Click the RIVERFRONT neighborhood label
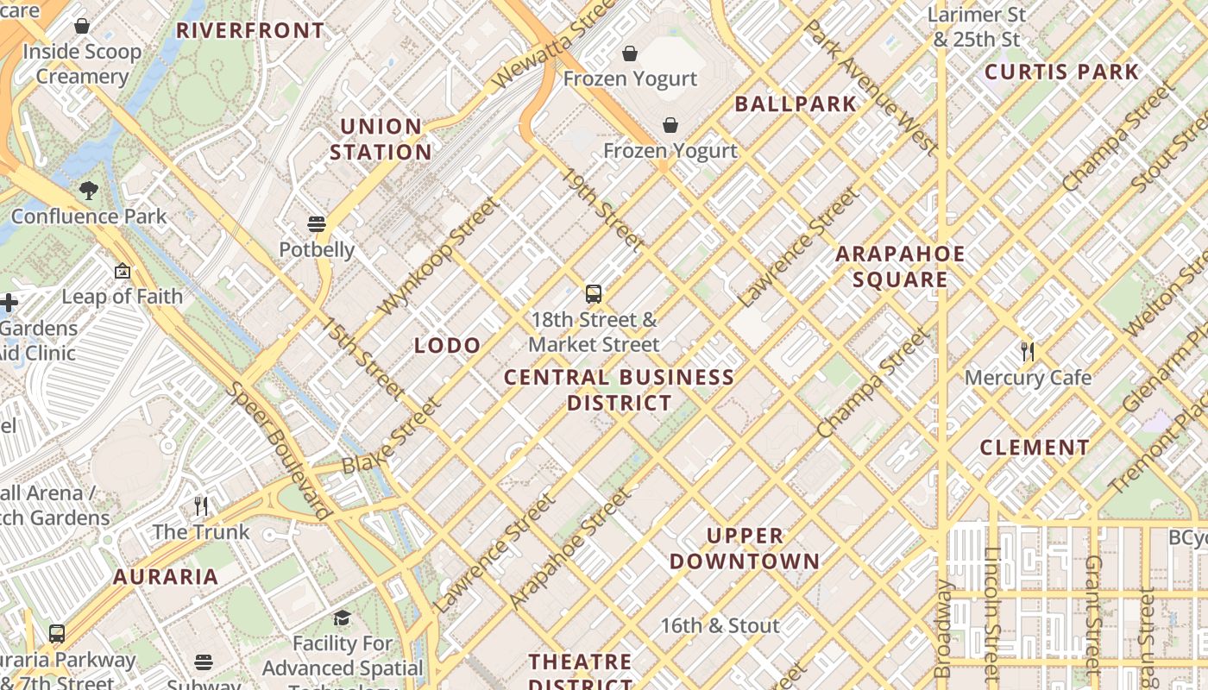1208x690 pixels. tap(250, 31)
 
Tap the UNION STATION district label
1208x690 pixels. tap(381, 139)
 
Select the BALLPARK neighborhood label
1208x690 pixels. tap(796, 104)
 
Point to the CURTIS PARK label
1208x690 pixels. tap(1062, 72)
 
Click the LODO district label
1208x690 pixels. tap(447, 346)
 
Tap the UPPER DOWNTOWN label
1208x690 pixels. tap(745, 549)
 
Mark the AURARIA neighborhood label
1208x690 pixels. tap(166, 577)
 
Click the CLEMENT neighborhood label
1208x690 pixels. tap(1035, 448)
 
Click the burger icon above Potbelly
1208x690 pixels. tap(317, 225)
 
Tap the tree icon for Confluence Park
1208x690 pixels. tap(88, 191)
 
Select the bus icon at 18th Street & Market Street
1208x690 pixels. tap(594, 294)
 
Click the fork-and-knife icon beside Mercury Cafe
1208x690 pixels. tap(1028, 351)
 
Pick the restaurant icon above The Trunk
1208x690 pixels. tap(201, 506)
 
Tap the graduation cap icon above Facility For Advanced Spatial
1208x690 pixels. tap(343, 618)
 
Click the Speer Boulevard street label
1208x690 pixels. tap(279, 450)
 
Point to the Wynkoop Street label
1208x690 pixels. tap(438, 256)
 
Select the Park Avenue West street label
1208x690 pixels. tap(870, 87)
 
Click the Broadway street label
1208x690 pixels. tap(944, 629)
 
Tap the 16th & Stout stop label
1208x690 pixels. tap(720, 625)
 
